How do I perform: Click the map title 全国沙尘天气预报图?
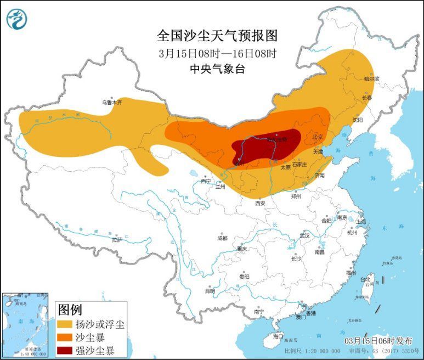coord(217,36)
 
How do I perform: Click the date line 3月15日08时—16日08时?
coord(217,54)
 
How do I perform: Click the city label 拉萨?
coord(117,239)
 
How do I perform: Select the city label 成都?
coord(222,238)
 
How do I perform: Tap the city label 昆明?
coord(210,291)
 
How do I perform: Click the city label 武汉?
coord(304,235)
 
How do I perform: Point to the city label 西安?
coord(260,203)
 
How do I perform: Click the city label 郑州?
coord(297,195)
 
